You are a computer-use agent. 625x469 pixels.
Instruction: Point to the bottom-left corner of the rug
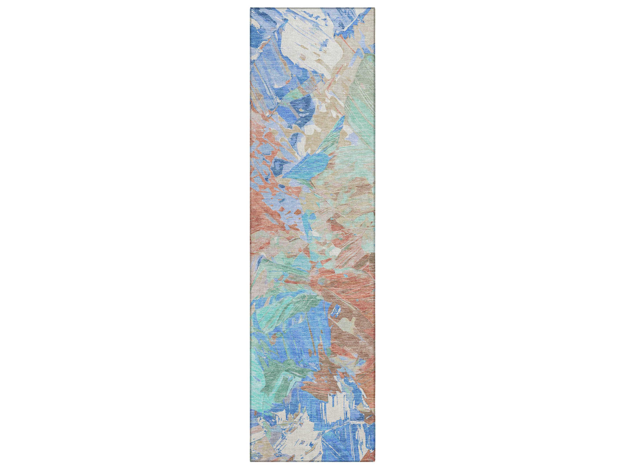point(251,461)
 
